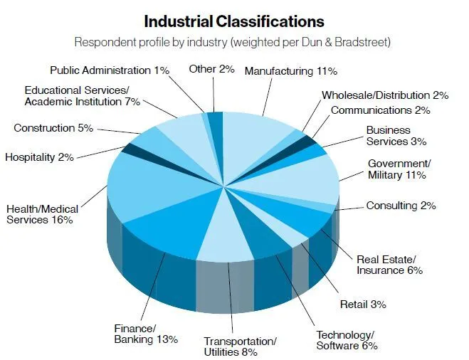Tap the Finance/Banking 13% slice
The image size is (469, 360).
[171, 228]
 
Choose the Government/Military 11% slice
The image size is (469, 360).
[299, 178]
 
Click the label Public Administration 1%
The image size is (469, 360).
[109, 70]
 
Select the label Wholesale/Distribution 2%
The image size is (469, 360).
[385, 95]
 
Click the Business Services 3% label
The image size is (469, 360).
[389, 136]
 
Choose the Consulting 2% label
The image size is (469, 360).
[401, 206]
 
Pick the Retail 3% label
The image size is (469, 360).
[363, 304]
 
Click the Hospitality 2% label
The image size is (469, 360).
[39, 157]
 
